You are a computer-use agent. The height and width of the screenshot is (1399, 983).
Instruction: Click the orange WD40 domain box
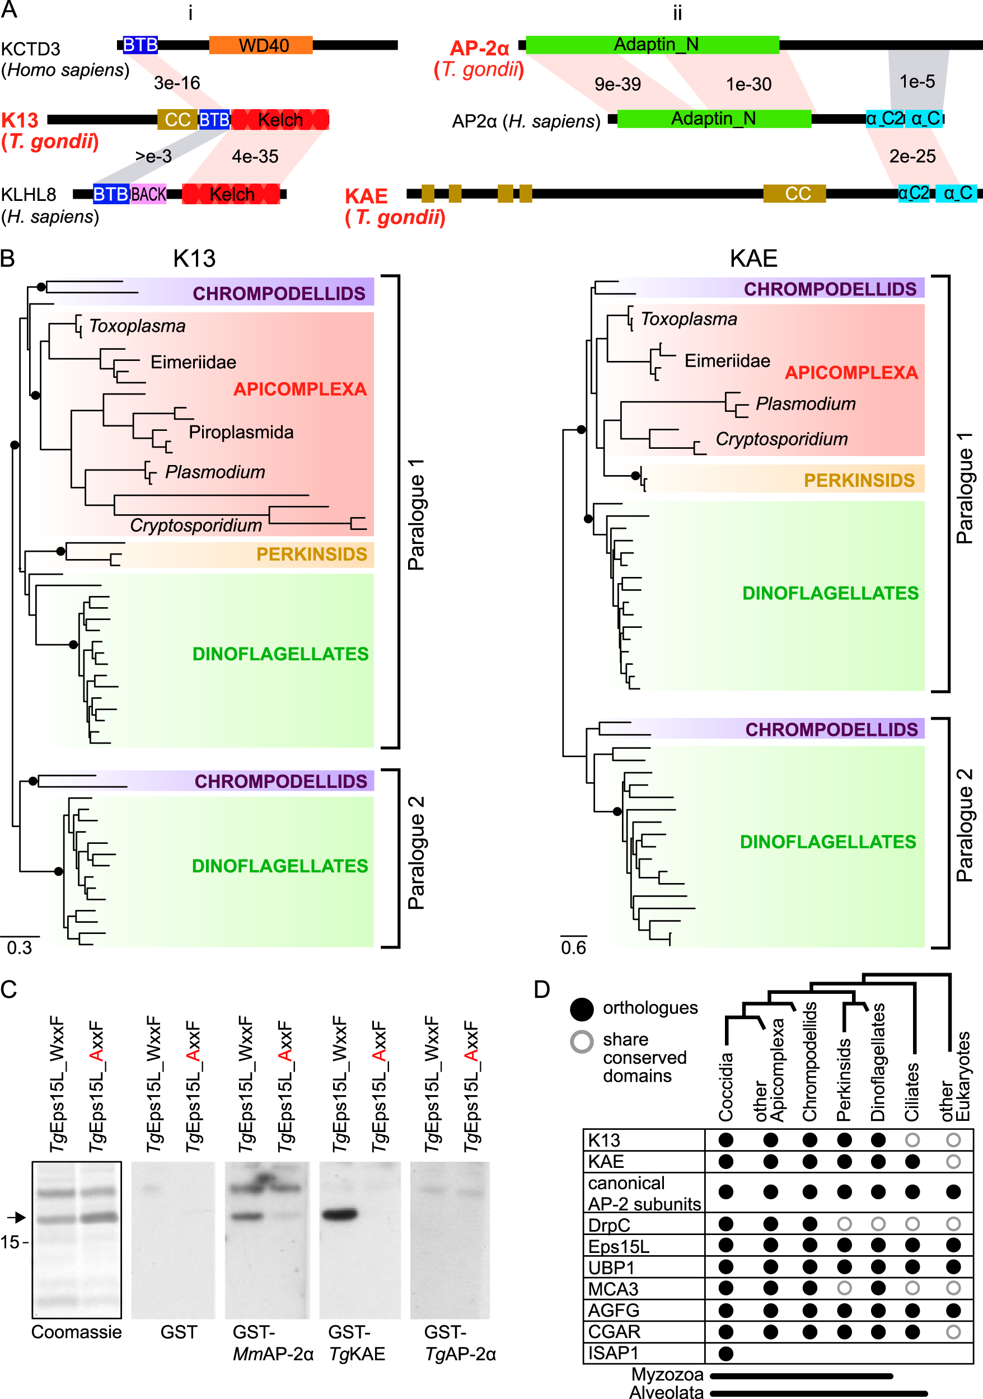coord(261,45)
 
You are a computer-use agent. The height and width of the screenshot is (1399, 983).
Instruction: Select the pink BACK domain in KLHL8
coord(148,194)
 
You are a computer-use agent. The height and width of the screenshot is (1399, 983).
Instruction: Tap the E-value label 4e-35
coord(255,157)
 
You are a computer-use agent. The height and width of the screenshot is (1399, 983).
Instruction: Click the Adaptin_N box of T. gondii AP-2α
coord(652,44)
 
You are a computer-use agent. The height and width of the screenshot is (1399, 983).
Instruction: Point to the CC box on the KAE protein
coord(795,194)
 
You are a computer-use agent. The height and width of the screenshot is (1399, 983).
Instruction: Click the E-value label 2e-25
coord(912,157)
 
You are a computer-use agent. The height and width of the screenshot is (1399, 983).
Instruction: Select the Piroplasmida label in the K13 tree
coord(241,432)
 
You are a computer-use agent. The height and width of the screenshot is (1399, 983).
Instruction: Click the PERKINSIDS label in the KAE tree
coord(859,480)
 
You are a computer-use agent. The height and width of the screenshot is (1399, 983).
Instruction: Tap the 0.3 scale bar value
coord(20,947)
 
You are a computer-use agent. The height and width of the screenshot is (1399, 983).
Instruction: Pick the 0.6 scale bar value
coord(573,947)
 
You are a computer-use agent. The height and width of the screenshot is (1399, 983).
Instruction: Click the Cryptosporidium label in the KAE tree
coord(781,439)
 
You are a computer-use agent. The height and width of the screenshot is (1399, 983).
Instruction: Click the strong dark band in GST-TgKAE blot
coord(339,1214)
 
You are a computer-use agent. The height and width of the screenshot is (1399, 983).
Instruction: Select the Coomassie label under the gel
coord(76,1332)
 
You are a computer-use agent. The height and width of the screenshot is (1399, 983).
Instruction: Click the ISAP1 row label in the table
coord(613,1353)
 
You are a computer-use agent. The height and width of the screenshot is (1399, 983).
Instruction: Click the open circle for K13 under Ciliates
coord(912,1140)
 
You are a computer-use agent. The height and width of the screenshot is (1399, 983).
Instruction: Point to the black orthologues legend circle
coord(582,1009)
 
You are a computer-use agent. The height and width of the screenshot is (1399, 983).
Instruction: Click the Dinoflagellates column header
coord(878,1063)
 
